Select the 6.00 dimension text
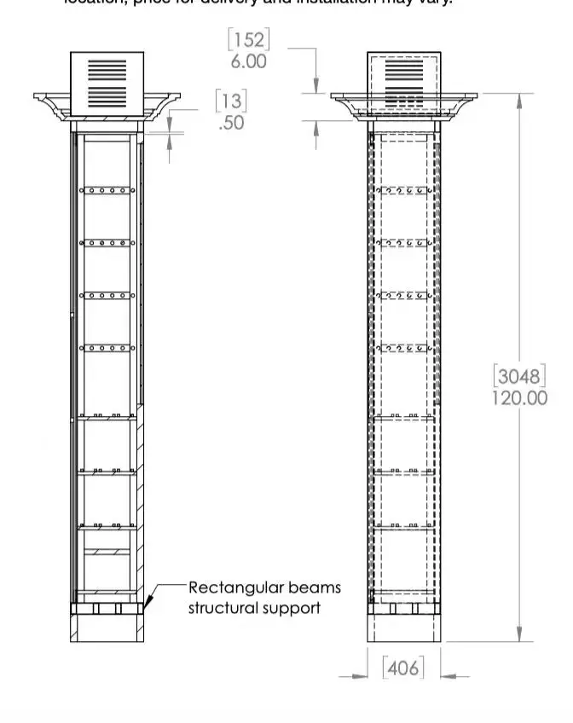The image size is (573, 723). coord(248,61)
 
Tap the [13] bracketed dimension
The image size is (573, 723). coord(231,101)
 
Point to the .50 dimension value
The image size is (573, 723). coord(231,122)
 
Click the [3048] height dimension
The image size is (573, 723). coord(519,376)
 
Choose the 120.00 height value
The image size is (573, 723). coord(519,398)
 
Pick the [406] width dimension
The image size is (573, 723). coord(402,668)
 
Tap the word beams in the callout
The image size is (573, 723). coord(316,587)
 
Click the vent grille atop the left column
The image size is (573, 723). coord(106,82)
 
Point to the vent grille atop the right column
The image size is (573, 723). coord(404,82)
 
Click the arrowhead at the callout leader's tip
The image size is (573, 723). coord(148,604)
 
